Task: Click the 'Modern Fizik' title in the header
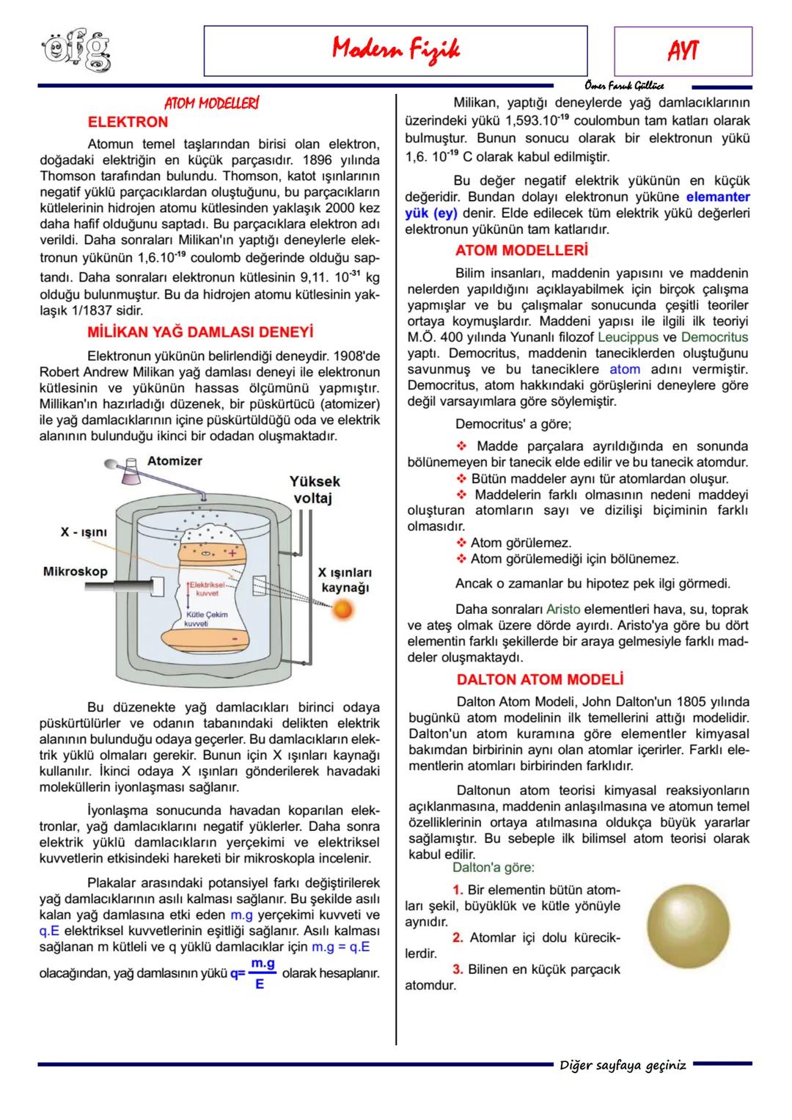[395, 50]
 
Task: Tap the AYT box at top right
[682, 51]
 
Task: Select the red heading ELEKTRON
[128, 122]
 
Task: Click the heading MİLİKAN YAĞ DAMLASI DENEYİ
[200, 332]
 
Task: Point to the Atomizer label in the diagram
[175, 461]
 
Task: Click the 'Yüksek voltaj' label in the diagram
[315, 490]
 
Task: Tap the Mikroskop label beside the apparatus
[75, 571]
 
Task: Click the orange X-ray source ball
[342, 609]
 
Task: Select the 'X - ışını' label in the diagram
[84, 532]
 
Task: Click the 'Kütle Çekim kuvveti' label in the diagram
[206, 618]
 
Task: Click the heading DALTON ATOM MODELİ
[540, 679]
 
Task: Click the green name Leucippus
[628, 337]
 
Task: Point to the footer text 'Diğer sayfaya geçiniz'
[623, 1065]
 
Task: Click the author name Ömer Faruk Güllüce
[625, 86]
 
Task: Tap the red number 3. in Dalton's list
[458, 969]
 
